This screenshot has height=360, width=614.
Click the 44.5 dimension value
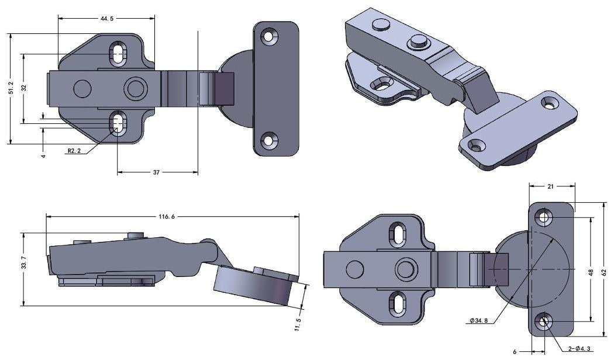[x=107, y=19]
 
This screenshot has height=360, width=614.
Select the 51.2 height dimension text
[x=11, y=88]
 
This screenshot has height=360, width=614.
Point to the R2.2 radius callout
[x=74, y=151]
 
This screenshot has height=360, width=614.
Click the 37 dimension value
[x=157, y=172]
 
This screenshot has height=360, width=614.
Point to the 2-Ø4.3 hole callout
[x=578, y=349]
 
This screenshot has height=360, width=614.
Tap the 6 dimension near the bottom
[x=515, y=352]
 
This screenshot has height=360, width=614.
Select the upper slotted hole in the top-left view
[x=118, y=53]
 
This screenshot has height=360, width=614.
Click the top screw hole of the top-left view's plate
[x=269, y=36]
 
